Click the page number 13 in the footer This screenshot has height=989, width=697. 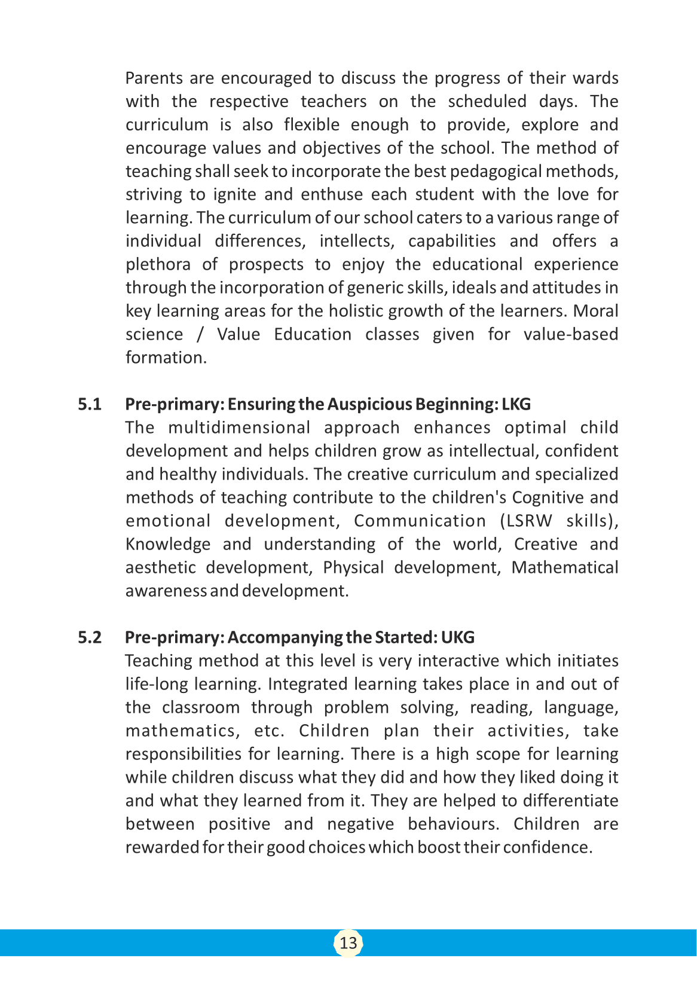(348, 943)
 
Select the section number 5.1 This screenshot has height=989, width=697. (90, 404)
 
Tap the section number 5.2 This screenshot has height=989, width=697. (90, 637)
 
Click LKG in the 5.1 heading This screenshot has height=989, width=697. (516, 404)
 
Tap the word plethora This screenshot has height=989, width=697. (158, 265)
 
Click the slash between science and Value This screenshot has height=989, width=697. (200, 335)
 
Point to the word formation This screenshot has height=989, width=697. (166, 358)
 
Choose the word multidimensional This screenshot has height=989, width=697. (239, 428)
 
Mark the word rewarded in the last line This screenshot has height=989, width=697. (162, 848)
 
